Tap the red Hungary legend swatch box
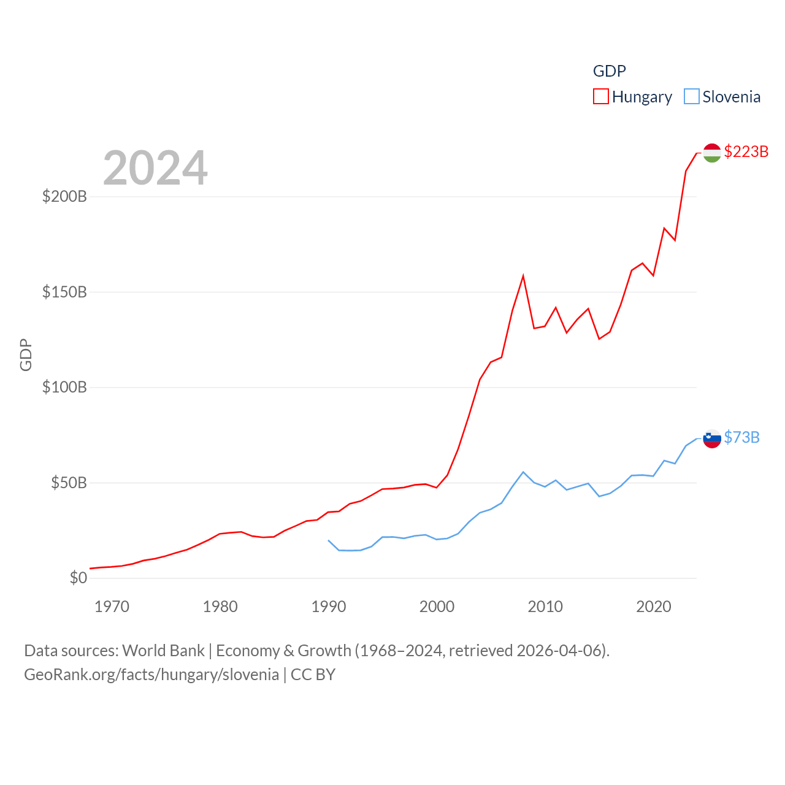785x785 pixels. pos(601,97)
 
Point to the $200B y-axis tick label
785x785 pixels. pos(64,196)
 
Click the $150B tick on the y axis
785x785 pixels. pos(64,292)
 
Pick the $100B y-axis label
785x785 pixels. pos(64,387)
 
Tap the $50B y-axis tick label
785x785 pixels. pos(69,483)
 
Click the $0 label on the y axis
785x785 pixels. pos(78,578)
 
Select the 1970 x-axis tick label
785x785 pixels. pos(112,607)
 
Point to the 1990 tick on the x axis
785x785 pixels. pos(329,607)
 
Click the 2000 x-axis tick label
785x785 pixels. pos(437,607)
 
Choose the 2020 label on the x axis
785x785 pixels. pos(654,607)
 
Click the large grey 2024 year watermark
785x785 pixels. pos(155,168)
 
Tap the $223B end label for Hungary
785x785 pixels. pos(746,151)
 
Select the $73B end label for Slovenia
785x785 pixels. pos(741,437)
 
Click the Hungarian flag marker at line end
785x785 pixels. pos(711,153)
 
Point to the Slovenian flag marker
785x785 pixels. pos(711,438)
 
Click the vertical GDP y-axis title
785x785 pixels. pos(26,354)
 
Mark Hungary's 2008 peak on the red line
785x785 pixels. pos(523,276)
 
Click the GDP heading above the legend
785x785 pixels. pos(609,71)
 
